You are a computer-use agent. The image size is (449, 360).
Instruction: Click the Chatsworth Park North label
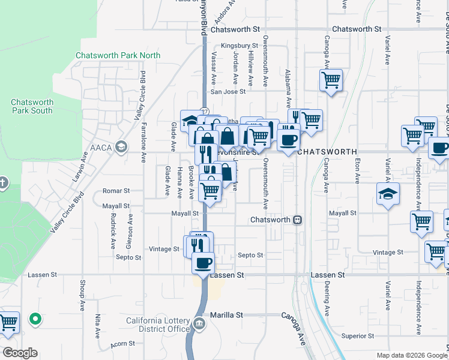coord(118,56)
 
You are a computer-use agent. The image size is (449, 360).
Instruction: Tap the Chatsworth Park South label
coord(32,106)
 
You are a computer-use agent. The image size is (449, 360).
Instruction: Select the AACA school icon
coord(121,146)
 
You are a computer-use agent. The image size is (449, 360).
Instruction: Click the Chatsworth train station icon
coord(297,220)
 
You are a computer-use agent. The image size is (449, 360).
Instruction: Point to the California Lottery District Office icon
coord(199,325)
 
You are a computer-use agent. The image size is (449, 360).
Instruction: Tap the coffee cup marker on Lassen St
coord(203,263)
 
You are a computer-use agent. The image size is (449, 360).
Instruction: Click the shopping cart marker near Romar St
coord(209,191)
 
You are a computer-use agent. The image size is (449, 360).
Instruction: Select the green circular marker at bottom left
coord(35,319)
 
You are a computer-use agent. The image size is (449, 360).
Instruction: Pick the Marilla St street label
coord(226,314)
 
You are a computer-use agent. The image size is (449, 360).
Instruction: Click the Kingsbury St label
coord(239,45)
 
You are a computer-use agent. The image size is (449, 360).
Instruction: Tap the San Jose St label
coord(228,92)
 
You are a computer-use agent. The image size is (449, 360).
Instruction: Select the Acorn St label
coord(122,344)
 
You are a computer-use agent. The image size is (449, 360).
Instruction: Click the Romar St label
coord(116,191)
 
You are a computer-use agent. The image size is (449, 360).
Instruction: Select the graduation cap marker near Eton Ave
coord(388,194)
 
